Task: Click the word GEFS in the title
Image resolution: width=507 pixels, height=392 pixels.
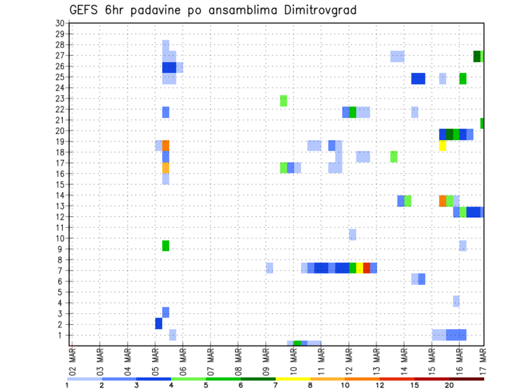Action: tap(85, 11)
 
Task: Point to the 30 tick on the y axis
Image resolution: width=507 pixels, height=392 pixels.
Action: tap(60, 23)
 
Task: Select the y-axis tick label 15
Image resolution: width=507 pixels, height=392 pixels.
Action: tap(60, 184)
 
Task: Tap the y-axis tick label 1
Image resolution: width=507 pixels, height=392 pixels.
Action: tap(62, 335)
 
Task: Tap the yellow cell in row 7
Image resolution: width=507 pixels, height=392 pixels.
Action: tap(360, 268)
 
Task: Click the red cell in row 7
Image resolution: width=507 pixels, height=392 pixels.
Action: tap(367, 268)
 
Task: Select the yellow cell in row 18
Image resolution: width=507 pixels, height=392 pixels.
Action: tap(443, 145)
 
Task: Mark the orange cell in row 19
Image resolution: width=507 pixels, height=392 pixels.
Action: tap(166, 145)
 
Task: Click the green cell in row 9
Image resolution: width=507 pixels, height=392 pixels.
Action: tap(166, 246)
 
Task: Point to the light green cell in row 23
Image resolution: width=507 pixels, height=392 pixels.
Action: tap(284, 100)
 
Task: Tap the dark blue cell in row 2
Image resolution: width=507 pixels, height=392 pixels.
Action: tap(158, 323)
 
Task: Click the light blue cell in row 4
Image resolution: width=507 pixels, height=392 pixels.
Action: tap(456, 301)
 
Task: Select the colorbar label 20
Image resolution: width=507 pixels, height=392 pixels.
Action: tap(449, 385)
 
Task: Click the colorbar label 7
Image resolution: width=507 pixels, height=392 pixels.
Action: tap(276, 385)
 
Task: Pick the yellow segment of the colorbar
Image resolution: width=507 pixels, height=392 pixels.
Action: tap(293, 379)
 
